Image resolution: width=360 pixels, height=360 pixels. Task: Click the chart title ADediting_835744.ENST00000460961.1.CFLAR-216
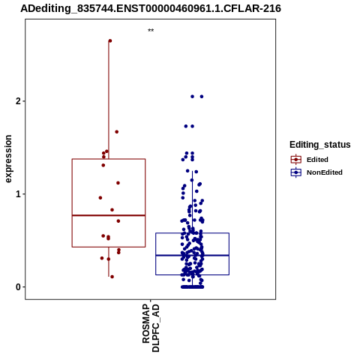pos(151,8)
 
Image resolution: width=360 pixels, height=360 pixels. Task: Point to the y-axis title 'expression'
pos(8,159)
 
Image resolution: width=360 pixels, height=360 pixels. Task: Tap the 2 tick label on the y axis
pos(18,101)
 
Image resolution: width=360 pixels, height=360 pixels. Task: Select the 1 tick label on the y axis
pos(18,194)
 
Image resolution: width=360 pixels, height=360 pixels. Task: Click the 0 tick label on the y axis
pos(18,287)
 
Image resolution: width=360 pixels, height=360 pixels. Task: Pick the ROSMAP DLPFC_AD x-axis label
pos(151,328)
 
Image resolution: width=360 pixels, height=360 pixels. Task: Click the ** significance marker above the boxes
pos(151,31)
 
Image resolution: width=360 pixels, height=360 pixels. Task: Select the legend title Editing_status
pos(320,145)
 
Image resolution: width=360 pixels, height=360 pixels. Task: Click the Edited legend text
pos(317,160)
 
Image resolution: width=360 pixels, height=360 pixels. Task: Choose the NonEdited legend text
pos(325,172)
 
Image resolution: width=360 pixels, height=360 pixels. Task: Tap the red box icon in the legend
pos(296,160)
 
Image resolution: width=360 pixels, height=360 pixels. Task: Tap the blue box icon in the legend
pos(296,172)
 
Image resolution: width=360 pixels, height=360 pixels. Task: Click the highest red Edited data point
pos(110,40)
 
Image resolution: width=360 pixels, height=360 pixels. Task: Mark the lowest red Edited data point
pos(112,277)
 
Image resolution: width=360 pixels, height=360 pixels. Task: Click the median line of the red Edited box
pos(109,215)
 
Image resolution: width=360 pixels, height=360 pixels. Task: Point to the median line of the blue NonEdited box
pos(192,255)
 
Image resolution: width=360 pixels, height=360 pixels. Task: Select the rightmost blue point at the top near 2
pos(202,97)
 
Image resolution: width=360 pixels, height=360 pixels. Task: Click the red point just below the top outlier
pos(117,132)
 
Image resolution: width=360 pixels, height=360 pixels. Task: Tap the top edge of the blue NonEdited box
pos(192,233)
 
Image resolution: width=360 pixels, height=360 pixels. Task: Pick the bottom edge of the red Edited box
pos(109,247)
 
